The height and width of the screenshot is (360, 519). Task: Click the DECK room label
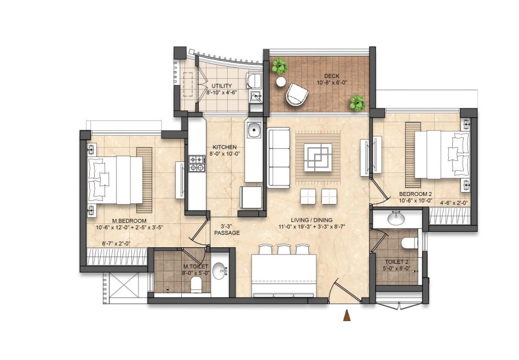point(331,76)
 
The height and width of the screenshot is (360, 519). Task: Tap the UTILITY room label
point(222,86)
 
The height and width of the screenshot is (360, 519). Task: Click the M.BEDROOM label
point(129,220)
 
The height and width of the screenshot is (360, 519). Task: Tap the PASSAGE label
point(227,233)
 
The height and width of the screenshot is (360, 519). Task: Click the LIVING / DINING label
point(312,220)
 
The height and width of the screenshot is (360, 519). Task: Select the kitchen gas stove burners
point(197,164)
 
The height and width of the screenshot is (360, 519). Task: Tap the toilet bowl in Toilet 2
point(409,243)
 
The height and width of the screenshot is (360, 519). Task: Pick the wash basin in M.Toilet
point(220,271)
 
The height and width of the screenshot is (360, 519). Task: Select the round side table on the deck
point(281,82)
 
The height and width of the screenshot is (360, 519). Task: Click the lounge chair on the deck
point(297,94)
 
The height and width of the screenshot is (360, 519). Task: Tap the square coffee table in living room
point(318,158)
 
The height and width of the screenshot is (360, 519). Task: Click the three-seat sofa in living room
point(278,159)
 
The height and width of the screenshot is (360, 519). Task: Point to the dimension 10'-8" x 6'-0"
point(331,83)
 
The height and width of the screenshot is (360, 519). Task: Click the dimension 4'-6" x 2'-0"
point(453,203)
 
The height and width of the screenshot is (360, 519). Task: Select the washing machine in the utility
point(254,81)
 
